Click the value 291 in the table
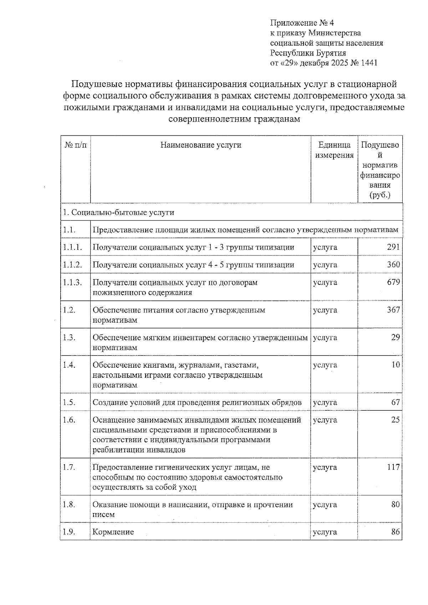[x=393, y=247]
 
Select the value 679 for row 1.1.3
[x=393, y=282]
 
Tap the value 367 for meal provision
[x=393, y=310]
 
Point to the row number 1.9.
[x=69, y=532]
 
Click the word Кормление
[x=113, y=532]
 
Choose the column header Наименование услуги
[x=200, y=145]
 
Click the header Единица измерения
[x=334, y=150]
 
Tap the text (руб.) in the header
[x=380, y=195]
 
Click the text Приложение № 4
[x=302, y=23]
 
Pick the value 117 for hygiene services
[x=393, y=467]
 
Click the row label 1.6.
[x=69, y=420]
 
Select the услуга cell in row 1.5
[x=325, y=402]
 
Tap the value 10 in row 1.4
[x=396, y=365]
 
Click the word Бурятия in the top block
[x=331, y=53]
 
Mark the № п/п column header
[x=75, y=145]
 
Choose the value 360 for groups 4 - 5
[x=393, y=265]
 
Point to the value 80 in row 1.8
[x=395, y=505]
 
